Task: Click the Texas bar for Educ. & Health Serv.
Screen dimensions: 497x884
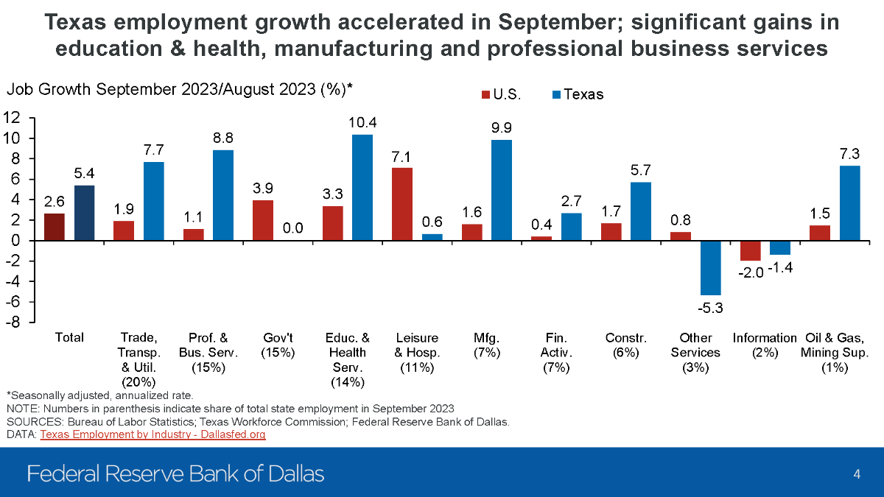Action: tap(362, 188)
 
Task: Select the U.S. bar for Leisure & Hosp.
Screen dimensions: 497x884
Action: tap(401, 204)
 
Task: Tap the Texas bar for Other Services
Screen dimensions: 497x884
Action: tap(711, 268)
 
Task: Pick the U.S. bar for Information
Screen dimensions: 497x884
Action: tap(750, 251)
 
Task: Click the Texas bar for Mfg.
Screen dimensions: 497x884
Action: tap(502, 190)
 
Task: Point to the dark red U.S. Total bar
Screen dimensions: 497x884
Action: tap(54, 227)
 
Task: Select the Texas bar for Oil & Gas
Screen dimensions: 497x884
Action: tap(849, 203)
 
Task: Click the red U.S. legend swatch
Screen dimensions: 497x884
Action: tap(486, 95)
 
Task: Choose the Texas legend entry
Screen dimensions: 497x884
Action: tap(578, 95)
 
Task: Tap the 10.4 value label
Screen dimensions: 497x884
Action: tap(362, 121)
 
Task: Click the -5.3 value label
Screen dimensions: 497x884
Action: tap(711, 308)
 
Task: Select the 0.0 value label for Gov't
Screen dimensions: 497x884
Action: tap(293, 229)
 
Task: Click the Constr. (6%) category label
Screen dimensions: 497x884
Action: tap(626, 345)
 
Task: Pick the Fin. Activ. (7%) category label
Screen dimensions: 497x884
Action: tap(556, 353)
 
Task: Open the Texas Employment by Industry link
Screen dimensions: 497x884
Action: tap(152, 435)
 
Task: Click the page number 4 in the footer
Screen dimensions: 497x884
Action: tap(857, 473)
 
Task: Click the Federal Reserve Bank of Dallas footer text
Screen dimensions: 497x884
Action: tap(175, 473)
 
